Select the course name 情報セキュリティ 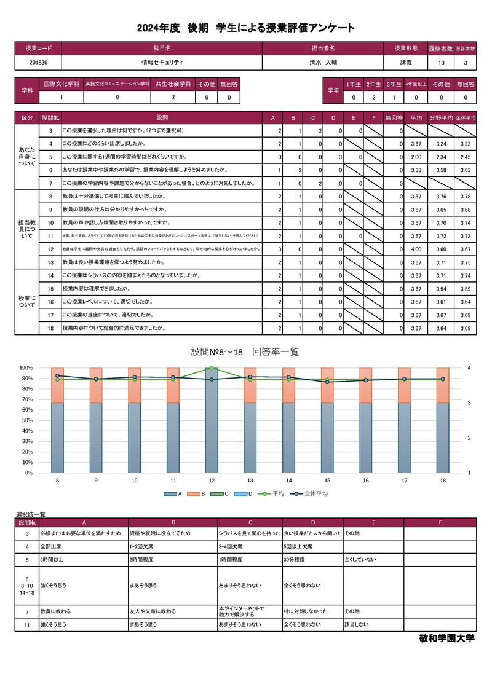[x=162, y=63]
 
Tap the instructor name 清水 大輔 [x=323, y=63]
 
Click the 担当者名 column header [x=323, y=48]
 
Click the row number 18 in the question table [x=50, y=329]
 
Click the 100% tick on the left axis [x=26, y=367]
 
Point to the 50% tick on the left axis [x=27, y=420]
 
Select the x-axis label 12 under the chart [x=212, y=481]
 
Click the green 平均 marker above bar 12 [x=212, y=368]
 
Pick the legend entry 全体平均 [x=314, y=493]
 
